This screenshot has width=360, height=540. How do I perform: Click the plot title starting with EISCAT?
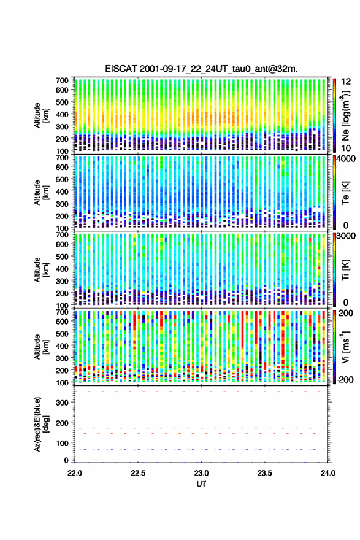(x=201, y=69)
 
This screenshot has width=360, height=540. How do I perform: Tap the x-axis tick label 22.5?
(x=138, y=473)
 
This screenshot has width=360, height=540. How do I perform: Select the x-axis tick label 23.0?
(x=201, y=473)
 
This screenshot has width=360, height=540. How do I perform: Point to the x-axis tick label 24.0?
(x=328, y=473)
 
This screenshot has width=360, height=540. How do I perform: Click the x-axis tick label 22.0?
(x=75, y=473)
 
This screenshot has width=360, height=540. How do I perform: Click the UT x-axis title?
(x=201, y=484)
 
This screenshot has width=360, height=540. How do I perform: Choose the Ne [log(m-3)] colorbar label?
(x=345, y=115)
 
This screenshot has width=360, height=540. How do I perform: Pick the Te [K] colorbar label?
(x=345, y=193)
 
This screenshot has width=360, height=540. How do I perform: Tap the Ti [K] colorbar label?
(x=345, y=269)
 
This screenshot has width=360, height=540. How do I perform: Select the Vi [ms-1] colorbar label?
(x=345, y=347)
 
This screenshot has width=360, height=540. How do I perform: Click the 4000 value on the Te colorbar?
(x=346, y=160)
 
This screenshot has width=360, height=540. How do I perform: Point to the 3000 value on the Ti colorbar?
(x=346, y=236)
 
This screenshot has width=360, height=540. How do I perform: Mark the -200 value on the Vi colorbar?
(x=343, y=379)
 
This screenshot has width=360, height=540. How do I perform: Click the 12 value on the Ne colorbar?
(x=347, y=82)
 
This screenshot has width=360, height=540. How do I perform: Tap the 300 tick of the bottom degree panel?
(x=62, y=403)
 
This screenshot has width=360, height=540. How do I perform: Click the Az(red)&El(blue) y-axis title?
(x=40, y=424)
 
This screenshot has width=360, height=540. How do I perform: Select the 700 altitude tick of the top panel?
(x=62, y=80)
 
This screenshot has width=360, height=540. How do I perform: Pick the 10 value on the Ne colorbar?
(x=347, y=148)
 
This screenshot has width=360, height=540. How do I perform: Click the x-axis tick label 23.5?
(x=265, y=473)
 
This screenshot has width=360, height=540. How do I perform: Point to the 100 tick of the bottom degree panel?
(x=62, y=443)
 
